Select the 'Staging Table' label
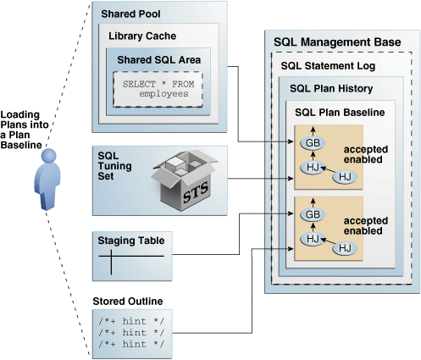[132, 241]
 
